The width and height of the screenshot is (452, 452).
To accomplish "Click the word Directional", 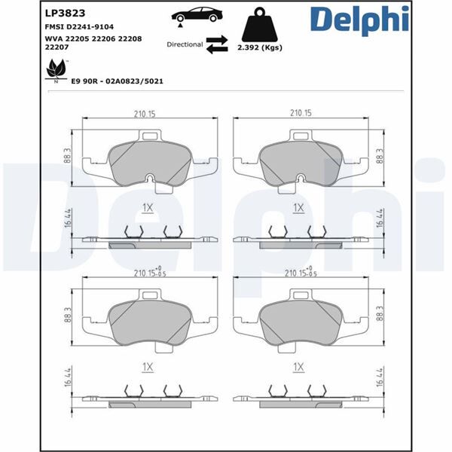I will (x=185, y=44).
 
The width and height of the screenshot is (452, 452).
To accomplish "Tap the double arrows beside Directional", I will (x=218, y=44).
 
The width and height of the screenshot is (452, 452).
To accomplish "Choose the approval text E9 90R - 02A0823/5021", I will (x=118, y=80).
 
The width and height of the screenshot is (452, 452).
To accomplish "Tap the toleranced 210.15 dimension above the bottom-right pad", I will (x=299, y=273).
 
